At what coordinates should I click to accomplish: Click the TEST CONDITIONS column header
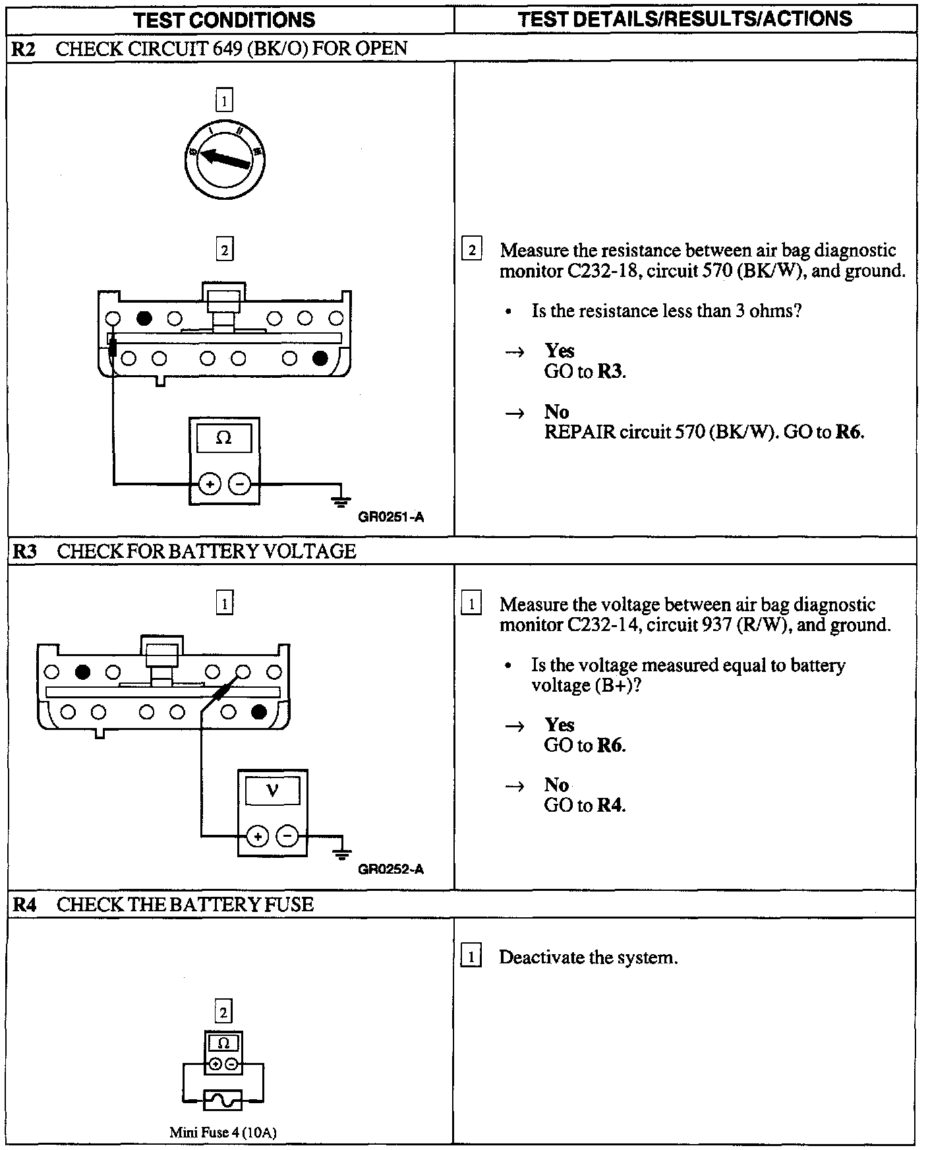tap(225, 20)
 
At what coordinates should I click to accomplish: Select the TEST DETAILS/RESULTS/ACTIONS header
tap(685, 18)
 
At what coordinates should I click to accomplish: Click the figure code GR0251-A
tap(391, 518)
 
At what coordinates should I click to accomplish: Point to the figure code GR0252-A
tap(391, 869)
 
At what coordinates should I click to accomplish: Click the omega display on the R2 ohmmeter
tap(224, 439)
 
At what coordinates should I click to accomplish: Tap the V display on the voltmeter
tap(272, 791)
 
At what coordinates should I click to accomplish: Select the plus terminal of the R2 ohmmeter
tap(210, 485)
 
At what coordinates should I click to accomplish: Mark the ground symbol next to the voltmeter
tap(341, 854)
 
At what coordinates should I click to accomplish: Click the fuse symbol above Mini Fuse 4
tap(223, 1100)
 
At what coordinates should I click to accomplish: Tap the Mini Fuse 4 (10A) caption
tap(223, 1133)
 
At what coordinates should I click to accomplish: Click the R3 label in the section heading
tap(24, 551)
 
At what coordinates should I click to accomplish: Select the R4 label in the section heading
tap(24, 904)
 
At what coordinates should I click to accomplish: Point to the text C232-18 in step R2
tap(602, 271)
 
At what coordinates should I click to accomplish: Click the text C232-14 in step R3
tap(602, 625)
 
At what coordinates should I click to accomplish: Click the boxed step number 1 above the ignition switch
tap(224, 102)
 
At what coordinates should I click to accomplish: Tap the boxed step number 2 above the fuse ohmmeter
tap(223, 1012)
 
